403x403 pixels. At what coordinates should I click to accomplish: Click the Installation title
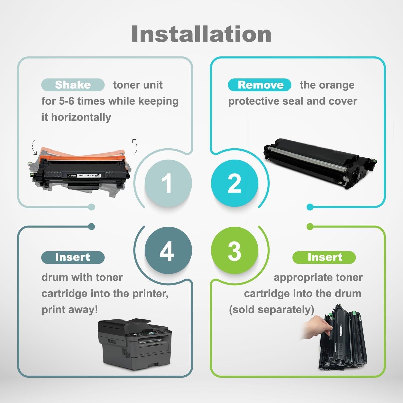tap(201, 34)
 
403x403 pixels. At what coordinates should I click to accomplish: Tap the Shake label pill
tap(73, 85)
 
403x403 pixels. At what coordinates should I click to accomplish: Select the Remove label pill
tap(260, 85)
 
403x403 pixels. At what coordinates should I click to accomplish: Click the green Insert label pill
tap(324, 257)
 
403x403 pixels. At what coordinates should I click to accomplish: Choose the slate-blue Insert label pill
tap(73, 257)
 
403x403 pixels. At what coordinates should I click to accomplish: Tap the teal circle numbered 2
tap(234, 183)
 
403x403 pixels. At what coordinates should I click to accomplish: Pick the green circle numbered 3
tap(234, 250)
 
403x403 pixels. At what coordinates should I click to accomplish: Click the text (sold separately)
tap(271, 310)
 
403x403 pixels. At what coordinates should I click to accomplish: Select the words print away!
tap(70, 310)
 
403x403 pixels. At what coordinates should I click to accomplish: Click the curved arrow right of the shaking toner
tap(135, 146)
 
